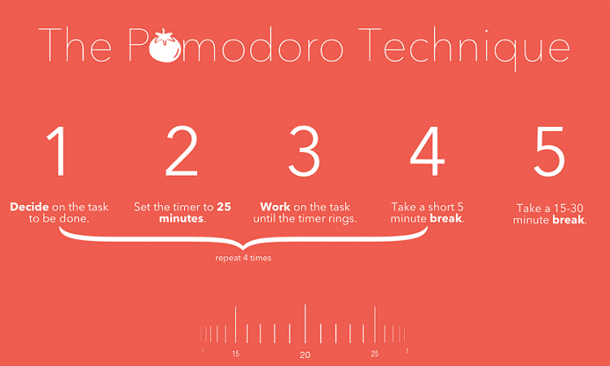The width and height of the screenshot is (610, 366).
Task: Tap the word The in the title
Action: [75, 45]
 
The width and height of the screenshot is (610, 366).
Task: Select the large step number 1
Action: [56, 150]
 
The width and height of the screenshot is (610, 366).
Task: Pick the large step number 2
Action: [182, 150]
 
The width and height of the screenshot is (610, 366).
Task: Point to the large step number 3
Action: [304, 151]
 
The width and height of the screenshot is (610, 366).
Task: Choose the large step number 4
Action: [427, 150]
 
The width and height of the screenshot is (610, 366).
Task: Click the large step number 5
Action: [549, 151]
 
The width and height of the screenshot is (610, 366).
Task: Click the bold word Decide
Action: [29, 207]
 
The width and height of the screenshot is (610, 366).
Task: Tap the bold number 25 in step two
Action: [224, 207]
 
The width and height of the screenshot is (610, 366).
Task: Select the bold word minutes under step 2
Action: [182, 218]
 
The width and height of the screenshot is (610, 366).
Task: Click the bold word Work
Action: [275, 207]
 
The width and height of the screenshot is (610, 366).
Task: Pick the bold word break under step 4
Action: [445, 218]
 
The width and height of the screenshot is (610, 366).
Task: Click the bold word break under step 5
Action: [568, 220]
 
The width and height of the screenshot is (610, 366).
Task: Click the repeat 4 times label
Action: [244, 258]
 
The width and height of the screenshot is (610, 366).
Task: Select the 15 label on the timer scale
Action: [235, 354]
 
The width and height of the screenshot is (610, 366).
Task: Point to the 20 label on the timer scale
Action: [305, 355]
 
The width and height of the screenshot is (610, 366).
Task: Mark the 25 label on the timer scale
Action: [375, 354]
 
